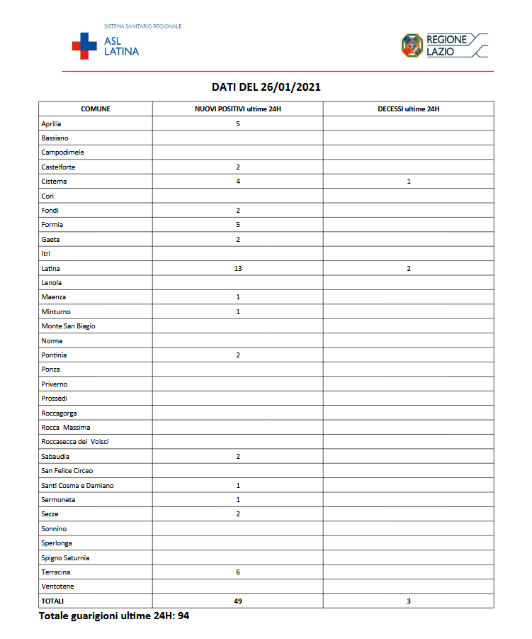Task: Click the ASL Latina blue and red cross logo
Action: click(84, 45)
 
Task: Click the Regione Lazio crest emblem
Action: click(412, 45)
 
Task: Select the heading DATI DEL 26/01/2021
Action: click(266, 87)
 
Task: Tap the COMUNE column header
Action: click(96, 109)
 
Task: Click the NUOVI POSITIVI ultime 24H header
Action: click(238, 109)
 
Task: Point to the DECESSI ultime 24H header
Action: click(409, 109)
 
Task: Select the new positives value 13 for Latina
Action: click(238, 268)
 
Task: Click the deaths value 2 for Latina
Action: click(409, 268)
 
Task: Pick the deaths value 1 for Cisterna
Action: click(409, 182)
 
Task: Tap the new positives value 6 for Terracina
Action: click(238, 572)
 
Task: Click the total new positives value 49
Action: click(238, 601)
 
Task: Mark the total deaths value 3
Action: click(409, 601)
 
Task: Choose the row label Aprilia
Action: click(52, 123)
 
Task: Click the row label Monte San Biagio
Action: click(68, 326)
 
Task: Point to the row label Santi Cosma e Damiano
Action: click(77, 485)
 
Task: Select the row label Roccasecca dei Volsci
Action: click(75, 442)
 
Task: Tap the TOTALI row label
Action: click(52, 601)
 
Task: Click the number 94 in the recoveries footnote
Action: click(183, 616)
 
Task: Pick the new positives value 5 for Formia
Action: click(238, 225)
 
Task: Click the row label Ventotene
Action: click(57, 587)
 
